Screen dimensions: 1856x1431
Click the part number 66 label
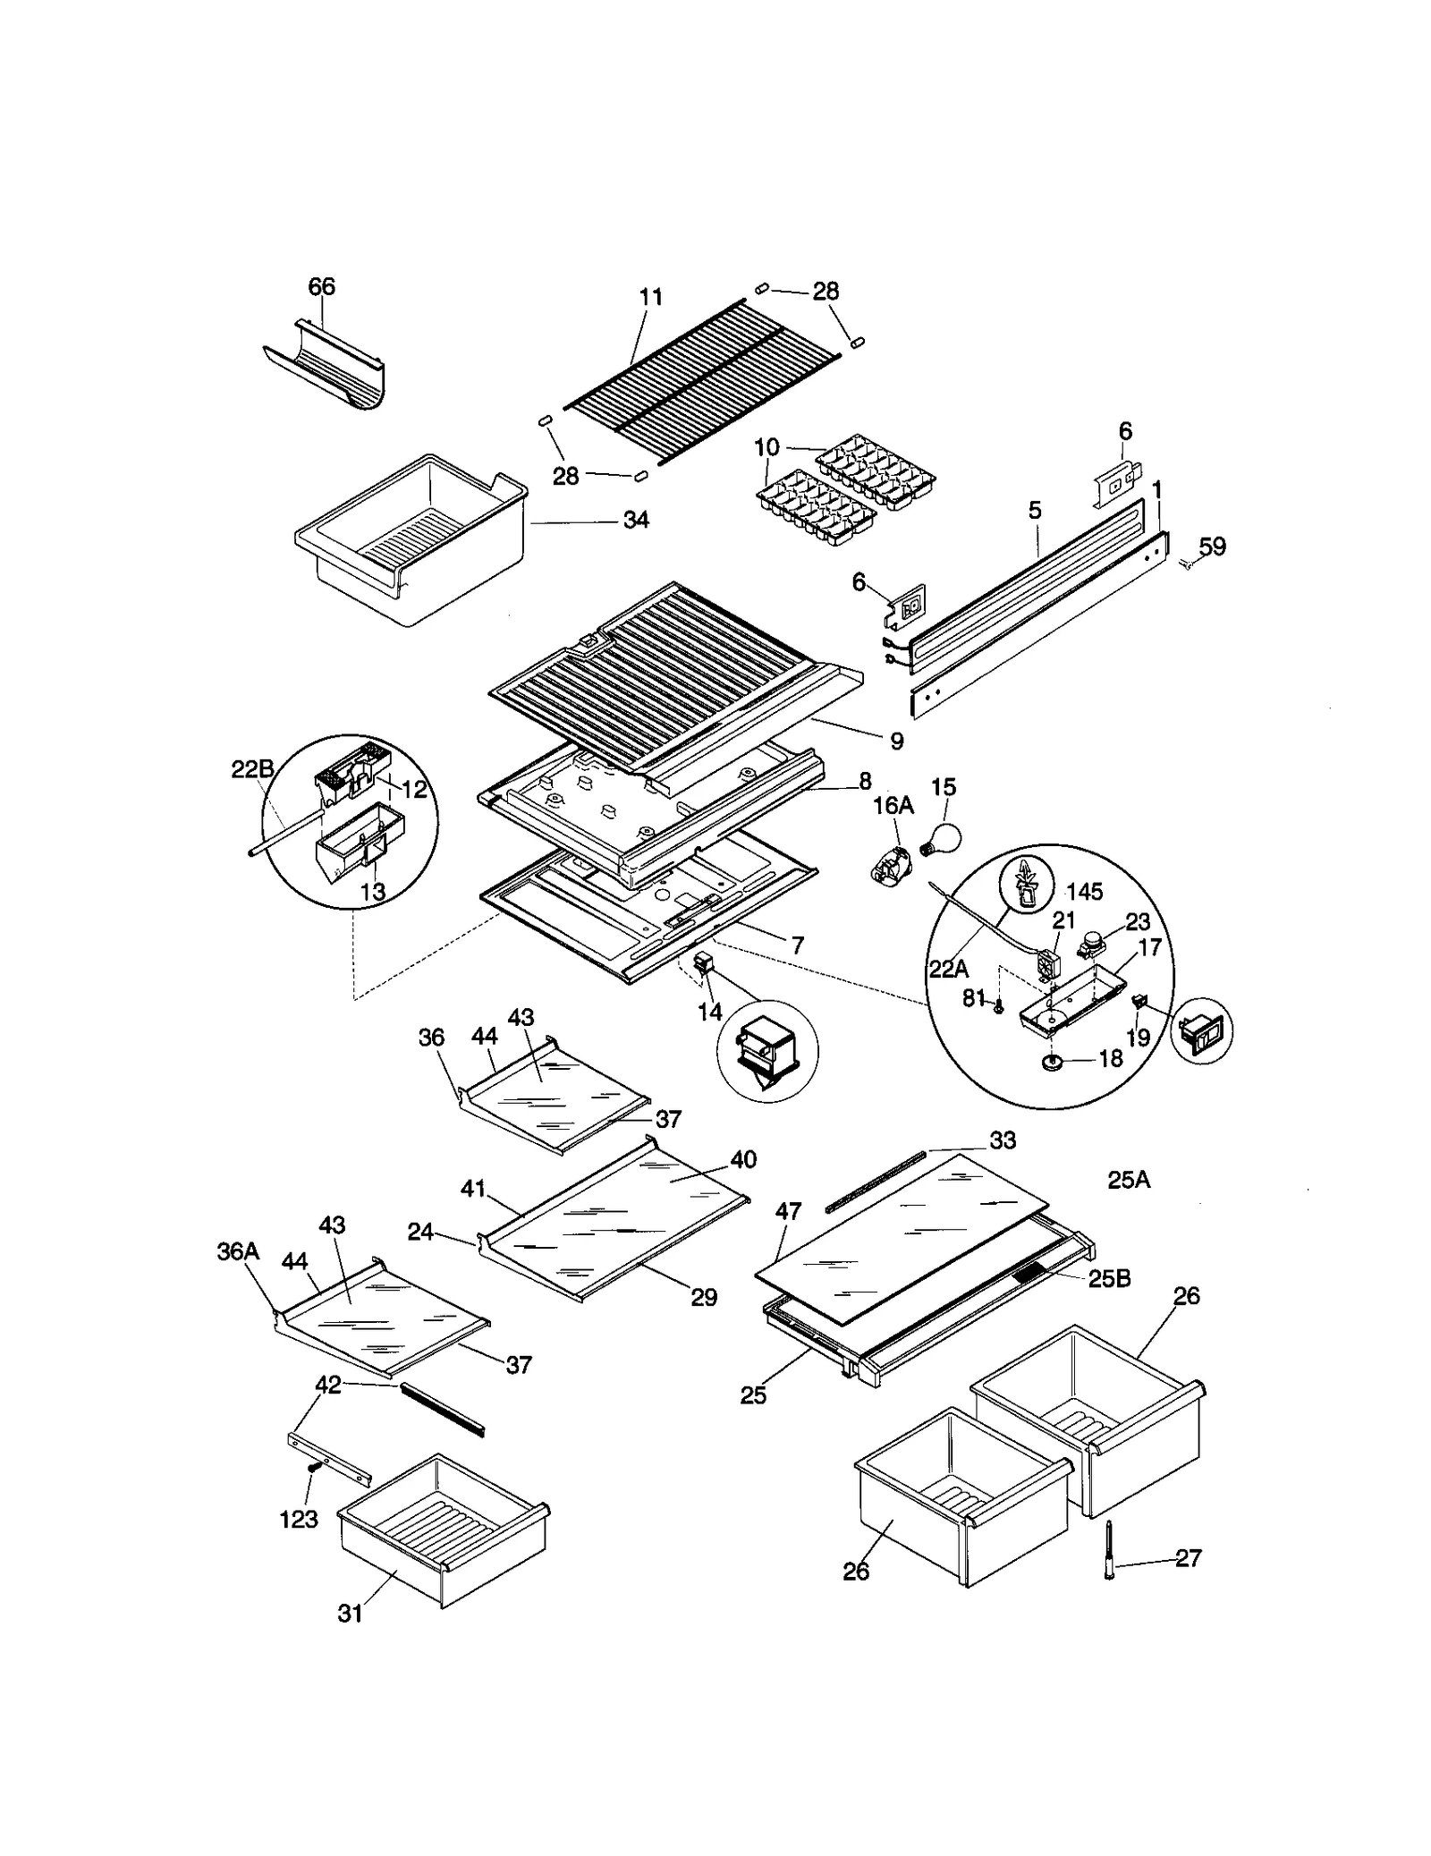322,286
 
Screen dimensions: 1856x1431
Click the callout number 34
636,520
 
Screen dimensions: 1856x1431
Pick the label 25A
1129,1180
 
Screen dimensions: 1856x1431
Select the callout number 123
299,1519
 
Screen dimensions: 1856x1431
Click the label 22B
253,769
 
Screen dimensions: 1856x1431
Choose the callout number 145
1084,891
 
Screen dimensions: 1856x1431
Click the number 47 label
788,1211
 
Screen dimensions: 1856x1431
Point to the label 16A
893,806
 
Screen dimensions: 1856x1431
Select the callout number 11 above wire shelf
651,297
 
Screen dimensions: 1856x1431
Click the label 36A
238,1251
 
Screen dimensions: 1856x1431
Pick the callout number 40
743,1159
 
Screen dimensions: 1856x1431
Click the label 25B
1109,1279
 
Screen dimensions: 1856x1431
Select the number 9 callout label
896,741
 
